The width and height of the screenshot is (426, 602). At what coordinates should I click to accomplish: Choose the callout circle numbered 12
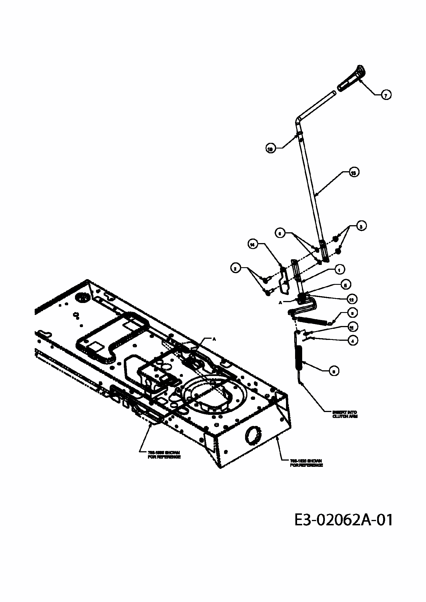352,299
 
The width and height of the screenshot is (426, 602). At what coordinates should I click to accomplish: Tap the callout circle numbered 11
352,327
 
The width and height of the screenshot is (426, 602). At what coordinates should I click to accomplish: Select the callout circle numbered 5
345,285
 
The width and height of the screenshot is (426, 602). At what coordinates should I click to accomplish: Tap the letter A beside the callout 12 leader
281,303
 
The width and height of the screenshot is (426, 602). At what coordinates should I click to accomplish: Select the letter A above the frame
214,339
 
